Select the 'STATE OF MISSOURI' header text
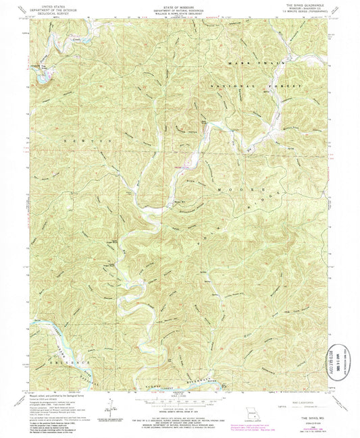tap(180, 4)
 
